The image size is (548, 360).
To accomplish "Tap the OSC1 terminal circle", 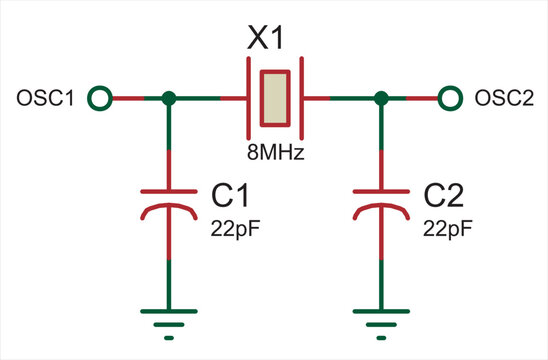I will click(x=98, y=98).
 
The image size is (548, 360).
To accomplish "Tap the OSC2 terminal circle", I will click(x=450, y=98).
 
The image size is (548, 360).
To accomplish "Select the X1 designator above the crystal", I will click(x=267, y=39).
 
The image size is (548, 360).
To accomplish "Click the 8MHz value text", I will click(x=275, y=154).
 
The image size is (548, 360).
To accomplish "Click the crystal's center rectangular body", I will click(x=274, y=98).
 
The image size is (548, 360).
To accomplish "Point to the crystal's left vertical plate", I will click(x=247, y=98).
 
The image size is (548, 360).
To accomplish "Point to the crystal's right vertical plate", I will click(x=302, y=98).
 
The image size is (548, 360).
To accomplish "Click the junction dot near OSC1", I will click(x=169, y=98).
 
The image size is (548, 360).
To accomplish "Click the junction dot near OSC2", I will click(x=380, y=98).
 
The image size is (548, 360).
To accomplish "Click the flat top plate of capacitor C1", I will click(x=169, y=190).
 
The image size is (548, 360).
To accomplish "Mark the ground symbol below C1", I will click(x=169, y=318).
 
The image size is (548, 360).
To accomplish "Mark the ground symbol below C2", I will click(x=380, y=318).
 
